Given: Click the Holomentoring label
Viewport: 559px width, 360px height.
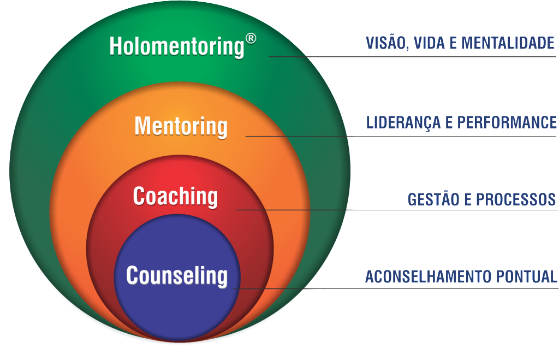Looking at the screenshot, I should click(x=176, y=46).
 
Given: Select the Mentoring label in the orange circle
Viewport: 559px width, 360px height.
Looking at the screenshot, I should click(x=181, y=126).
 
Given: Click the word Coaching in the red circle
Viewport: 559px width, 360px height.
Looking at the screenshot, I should click(x=175, y=196).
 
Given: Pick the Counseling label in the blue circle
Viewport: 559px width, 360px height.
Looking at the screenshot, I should click(x=176, y=275).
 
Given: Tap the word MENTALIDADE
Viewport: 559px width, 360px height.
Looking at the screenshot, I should click(x=508, y=43).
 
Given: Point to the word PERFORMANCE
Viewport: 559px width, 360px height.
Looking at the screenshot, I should click(x=507, y=122).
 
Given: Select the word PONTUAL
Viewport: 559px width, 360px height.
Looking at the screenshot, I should click(x=528, y=277).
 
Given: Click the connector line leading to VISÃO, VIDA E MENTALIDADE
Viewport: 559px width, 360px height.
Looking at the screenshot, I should click(x=409, y=56).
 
